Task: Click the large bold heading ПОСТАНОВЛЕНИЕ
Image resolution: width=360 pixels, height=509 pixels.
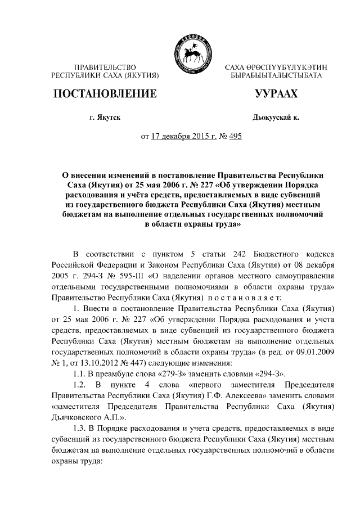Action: pyautogui.click(x=103, y=94)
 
